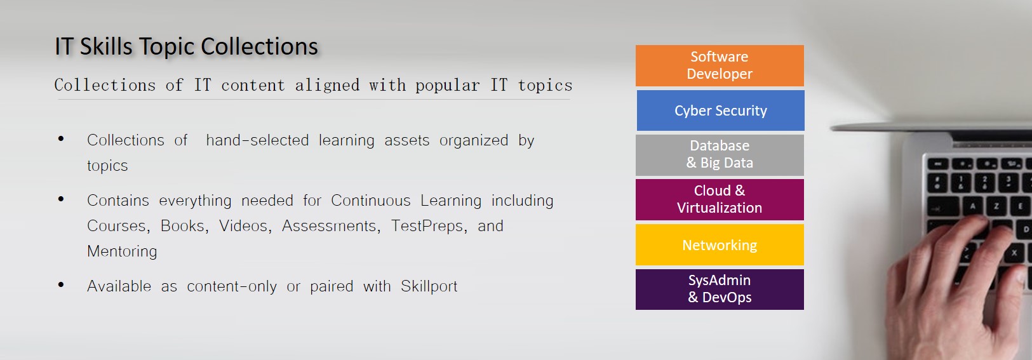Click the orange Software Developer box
click(x=720, y=65)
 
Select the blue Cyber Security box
click(x=721, y=110)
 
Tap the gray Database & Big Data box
click(x=720, y=155)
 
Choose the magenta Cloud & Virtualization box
click(x=720, y=199)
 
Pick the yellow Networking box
click(x=720, y=244)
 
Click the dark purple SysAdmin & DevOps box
click(x=720, y=289)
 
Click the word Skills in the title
click(x=107, y=46)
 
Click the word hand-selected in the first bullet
click(x=257, y=140)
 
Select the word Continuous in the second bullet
click(x=370, y=200)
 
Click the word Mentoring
click(x=122, y=251)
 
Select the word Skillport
click(x=429, y=286)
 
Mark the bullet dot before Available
click(x=61, y=285)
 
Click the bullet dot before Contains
click(x=61, y=199)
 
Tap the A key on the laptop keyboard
click(x=972, y=206)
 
